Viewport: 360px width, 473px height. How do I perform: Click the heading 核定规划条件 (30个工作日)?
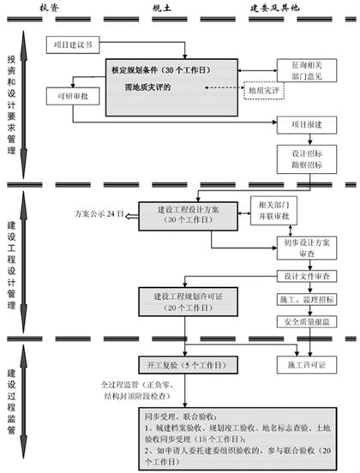pyautogui.click(x=163, y=69)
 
